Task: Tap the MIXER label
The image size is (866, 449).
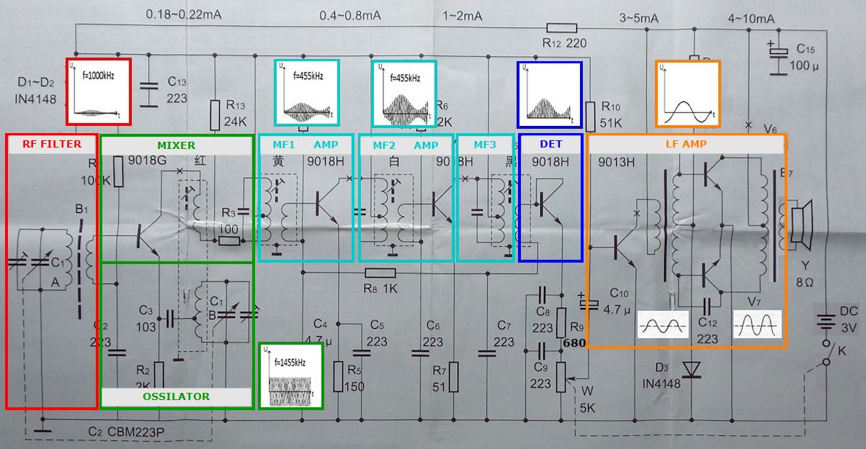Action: click(177, 145)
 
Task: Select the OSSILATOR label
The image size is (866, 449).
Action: click(177, 396)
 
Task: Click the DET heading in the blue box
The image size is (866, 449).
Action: click(550, 145)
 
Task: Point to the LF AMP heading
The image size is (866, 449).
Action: click(685, 145)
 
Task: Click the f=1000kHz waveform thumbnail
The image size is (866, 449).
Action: click(99, 91)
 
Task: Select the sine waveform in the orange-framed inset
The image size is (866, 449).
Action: click(687, 94)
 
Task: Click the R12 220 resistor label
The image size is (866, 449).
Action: click(565, 43)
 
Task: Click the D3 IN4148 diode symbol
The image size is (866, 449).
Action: click(692, 368)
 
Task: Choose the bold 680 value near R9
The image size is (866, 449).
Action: click(574, 343)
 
